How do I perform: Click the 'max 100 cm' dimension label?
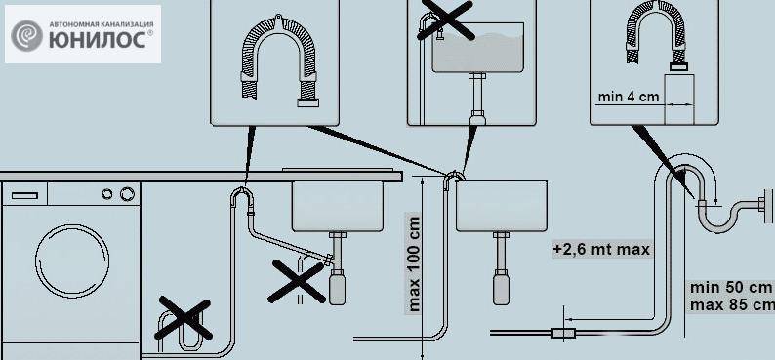coord(415,263)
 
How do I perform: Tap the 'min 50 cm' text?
coord(731,287)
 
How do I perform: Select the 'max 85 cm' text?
coord(731,305)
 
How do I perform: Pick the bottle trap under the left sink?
coord(338,286)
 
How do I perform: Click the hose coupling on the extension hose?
coord(563,333)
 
